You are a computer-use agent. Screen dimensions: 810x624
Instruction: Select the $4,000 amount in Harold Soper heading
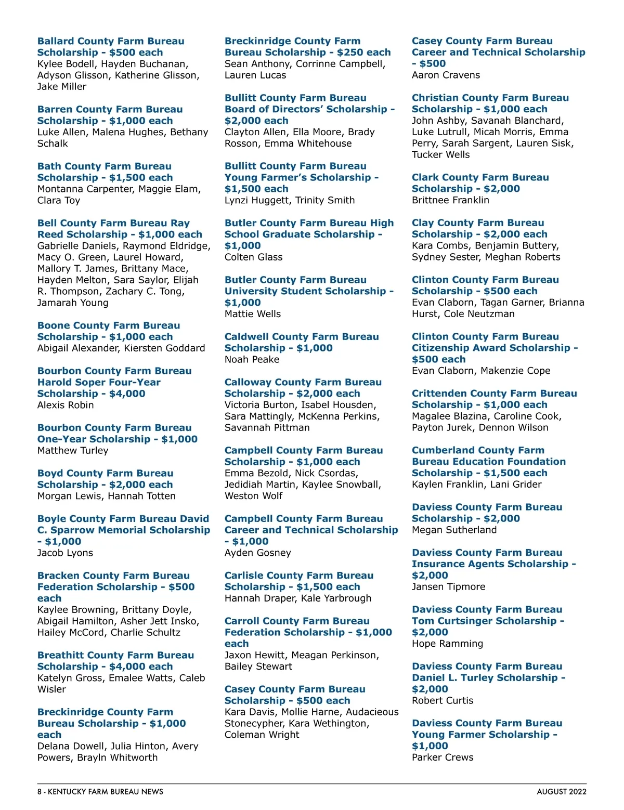127,394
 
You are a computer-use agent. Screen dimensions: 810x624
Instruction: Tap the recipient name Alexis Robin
66,405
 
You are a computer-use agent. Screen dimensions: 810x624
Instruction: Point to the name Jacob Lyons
65,553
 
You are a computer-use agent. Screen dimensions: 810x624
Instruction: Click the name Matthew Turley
73,450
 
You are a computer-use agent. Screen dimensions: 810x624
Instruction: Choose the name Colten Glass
253,257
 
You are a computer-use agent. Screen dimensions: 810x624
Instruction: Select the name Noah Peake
252,359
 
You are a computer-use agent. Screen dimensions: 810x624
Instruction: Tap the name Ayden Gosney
257,553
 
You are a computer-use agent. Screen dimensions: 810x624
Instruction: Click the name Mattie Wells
252,314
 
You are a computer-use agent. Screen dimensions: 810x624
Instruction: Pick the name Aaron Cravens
446,75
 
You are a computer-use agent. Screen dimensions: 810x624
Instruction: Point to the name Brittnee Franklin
450,200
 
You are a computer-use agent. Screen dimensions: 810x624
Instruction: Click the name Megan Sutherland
454,530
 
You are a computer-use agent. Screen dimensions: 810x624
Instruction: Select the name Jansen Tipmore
448,586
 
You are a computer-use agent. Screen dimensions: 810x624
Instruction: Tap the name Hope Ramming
447,644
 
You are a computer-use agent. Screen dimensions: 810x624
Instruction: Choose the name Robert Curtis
443,700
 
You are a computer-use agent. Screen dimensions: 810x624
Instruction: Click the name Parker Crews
443,757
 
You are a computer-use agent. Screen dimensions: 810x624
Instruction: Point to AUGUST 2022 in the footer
562,792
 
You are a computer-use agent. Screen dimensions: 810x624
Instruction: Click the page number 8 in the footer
40,792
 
